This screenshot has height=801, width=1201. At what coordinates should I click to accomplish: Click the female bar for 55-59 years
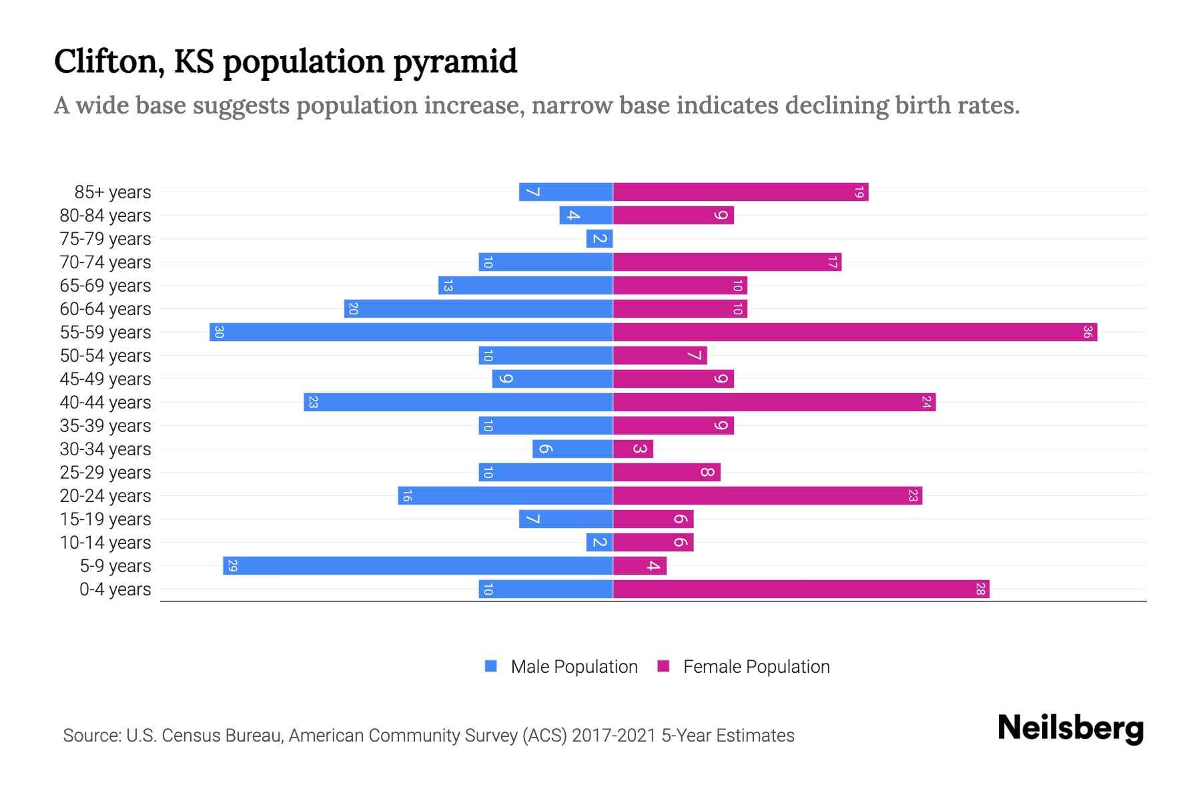[x=854, y=332]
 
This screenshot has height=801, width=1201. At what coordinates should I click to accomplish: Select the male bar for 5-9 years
[x=418, y=565]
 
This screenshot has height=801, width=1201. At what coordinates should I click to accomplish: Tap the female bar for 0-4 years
[x=801, y=589]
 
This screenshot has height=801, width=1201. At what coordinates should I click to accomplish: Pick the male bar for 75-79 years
[x=599, y=238]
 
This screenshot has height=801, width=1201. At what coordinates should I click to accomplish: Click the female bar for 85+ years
[x=741, y=192]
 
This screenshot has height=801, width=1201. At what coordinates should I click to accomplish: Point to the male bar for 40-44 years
[x=458, y=402]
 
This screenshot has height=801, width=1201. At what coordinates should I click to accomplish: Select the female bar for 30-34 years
[x=633, y=449]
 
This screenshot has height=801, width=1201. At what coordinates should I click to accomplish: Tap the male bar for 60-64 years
[x=478, y=308]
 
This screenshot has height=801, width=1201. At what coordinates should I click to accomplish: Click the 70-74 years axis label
[x=105, y=262]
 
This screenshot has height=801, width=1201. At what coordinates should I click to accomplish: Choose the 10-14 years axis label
[x=105, y=543]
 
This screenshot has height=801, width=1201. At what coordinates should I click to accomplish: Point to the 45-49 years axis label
[x=105, y=379]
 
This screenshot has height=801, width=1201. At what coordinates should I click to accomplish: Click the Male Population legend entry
[x=561, y=666]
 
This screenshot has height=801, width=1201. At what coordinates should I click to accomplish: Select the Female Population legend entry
[x=743, y=666]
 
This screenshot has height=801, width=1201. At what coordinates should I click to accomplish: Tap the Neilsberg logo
[x=1070, y=728]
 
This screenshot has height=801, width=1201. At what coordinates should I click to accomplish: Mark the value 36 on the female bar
[x=1087, y=332]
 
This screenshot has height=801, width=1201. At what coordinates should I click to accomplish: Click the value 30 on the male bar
[x=219, y=332]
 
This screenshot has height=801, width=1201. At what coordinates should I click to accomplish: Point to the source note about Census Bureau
[x=428, y=735]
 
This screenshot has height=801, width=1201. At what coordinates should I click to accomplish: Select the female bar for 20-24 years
[x=767, y=495]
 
